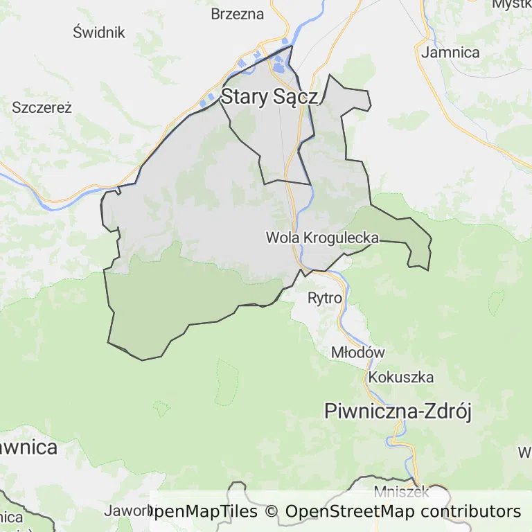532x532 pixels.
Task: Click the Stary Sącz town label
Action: pos(269,97)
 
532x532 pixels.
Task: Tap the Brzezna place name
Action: pos(238,14)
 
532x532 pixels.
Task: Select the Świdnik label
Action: pos(98,32)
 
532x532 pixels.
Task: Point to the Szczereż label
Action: pos(42,107)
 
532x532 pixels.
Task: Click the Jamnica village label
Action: pos(450,52)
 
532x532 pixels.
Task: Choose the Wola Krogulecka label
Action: pos(322,238)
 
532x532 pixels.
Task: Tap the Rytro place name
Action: pos(325,299)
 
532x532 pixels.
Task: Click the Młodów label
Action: pos(357,352)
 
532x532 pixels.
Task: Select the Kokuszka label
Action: pos(401,378)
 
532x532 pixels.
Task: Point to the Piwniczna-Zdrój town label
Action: pos(398,411)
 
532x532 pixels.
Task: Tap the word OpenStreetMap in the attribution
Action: pos(351,512)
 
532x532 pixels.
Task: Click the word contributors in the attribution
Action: pos(470,512)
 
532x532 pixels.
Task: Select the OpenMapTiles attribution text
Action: pos(202,512)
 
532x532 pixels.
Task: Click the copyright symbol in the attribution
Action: pos(271,512)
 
